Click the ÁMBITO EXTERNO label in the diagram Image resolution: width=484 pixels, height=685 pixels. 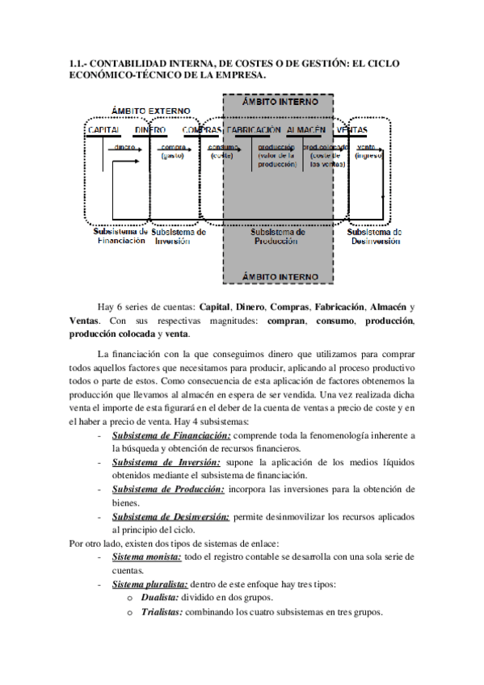[x=150, y=111]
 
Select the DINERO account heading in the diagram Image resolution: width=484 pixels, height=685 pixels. [x=150, y=130]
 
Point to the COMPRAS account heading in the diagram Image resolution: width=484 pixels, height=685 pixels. [x=202, y=130]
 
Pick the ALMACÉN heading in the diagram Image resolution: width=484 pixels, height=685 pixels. [x=305, y=130]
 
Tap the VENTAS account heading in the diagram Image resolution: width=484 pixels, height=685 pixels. [x=351, y=130]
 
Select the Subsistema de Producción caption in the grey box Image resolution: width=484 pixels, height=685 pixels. [x=277, y=236]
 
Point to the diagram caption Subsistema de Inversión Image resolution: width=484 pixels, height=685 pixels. [x=178, y=236]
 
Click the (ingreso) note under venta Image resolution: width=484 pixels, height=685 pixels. [x=368, y=156]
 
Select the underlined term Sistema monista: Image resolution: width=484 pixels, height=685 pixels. [x=147, y=557]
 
